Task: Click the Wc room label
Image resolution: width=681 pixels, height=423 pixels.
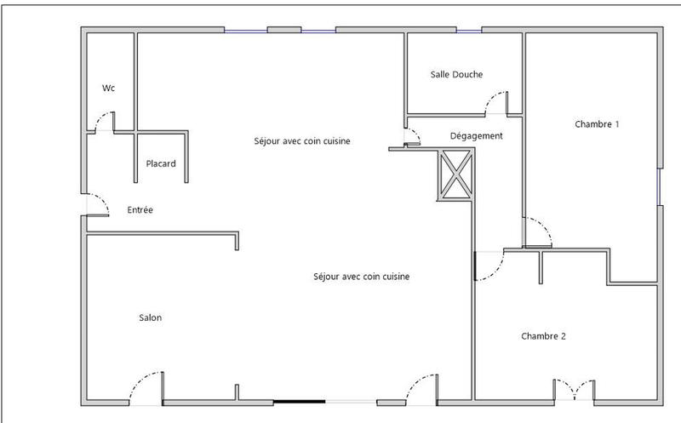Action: [x=108, y=88]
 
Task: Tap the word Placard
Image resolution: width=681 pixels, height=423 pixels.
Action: [x=161, y=163]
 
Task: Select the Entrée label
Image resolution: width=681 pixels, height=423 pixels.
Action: [x=140, y=209]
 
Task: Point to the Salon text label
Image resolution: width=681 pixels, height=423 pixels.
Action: [x=151, y=318]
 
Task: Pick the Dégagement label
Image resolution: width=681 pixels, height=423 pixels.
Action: [x=477, y=135]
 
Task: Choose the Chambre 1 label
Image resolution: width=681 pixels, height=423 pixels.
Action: [x=597, y=124]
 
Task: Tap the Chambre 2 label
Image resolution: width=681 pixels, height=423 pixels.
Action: [x=543, y=336]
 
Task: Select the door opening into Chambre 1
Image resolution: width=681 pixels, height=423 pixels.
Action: [x=538, y=232]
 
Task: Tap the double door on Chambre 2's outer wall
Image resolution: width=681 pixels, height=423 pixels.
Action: [x=575, y=391]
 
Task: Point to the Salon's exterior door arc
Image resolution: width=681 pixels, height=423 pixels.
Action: [x=144, y=387]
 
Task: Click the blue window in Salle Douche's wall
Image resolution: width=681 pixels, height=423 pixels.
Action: [x=469, y=31]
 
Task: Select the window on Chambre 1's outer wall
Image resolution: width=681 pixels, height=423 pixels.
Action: [x=659, y=186]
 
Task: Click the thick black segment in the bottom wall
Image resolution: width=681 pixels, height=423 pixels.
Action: [x=299, y=402]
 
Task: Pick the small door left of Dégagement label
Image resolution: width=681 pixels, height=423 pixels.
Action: [x=412, y=139]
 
